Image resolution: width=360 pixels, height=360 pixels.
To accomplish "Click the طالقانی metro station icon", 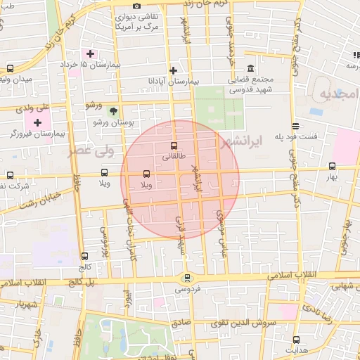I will click(174, 146).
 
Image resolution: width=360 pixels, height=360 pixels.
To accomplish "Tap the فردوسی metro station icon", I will click(186, 277).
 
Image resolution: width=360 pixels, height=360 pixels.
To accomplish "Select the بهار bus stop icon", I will click(332, 167).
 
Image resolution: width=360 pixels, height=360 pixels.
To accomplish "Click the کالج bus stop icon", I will click(85, 257).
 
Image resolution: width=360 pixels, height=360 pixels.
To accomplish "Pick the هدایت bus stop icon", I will click(296, 340).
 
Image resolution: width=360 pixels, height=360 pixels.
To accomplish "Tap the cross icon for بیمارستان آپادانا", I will click(173, 70).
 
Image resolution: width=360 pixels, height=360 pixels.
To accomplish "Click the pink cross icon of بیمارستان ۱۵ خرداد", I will click(89, 53).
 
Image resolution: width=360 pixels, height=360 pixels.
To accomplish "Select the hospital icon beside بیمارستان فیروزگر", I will click(37, 122).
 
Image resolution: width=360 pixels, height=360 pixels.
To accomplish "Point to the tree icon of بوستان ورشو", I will click(112, 110).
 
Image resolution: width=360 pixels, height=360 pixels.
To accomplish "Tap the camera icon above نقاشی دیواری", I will click(136, 6).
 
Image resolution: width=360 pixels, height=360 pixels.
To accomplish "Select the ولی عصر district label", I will click(87, 150).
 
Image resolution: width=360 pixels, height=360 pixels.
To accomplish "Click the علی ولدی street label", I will click(33, 108).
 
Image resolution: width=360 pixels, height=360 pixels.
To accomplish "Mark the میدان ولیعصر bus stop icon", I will click(10, 69).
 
